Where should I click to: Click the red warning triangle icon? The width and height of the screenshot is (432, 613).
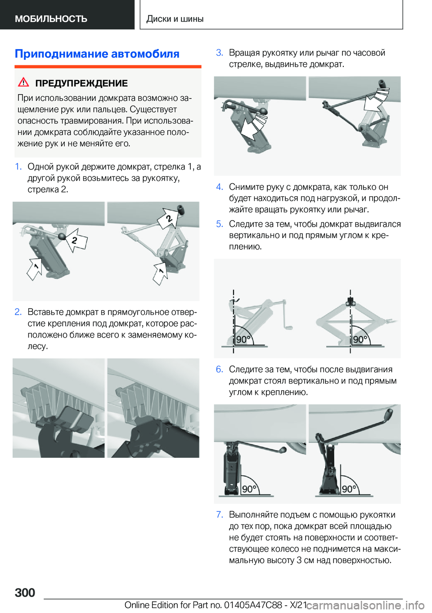(23, 82)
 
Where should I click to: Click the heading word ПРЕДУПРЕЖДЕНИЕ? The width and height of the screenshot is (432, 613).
(81, 83)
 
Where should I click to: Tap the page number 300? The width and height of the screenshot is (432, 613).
(25, 592)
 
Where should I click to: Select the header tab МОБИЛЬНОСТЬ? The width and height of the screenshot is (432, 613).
(51, 18)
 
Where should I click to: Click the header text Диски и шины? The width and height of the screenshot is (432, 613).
(175, 18)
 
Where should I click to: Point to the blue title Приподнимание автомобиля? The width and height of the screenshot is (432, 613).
(97, 54)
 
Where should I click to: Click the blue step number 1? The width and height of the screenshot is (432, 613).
(18, 167)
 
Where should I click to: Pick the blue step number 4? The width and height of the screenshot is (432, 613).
(220, 187)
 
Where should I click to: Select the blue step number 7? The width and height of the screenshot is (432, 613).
(220, 515)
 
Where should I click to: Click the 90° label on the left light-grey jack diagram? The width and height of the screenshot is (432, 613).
(243, 339)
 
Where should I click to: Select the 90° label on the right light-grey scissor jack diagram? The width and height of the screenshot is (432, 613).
(360, 339)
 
